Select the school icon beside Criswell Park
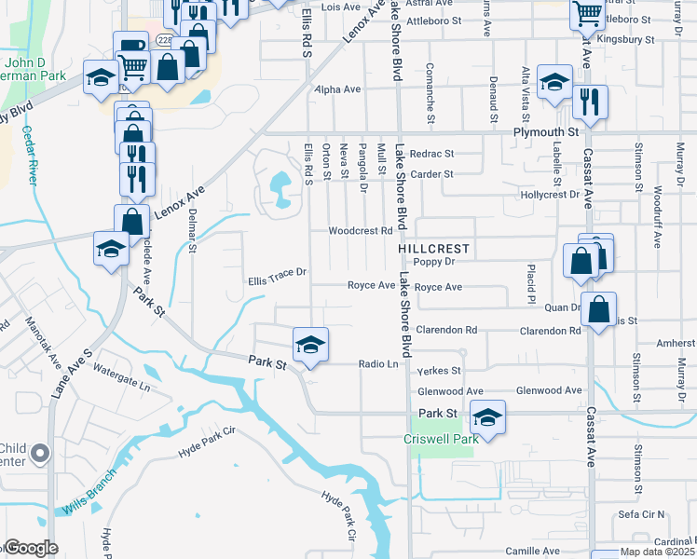[487, 416]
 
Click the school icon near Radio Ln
[310, 345]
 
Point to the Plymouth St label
[544, 133]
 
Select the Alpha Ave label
[337, 89]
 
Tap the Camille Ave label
[533, 551]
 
